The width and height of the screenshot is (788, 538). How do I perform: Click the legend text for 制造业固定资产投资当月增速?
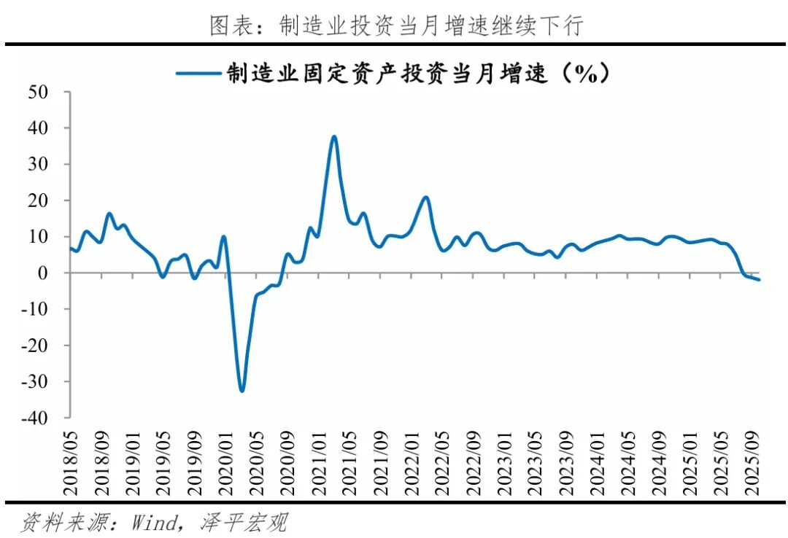point(416,74)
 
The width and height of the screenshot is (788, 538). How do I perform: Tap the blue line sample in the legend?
point(199,74)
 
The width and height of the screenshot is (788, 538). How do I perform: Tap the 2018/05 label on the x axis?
point(71,456)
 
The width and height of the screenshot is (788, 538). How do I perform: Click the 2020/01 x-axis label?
point(225,456)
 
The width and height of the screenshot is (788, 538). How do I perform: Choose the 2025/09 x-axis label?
point(751,456)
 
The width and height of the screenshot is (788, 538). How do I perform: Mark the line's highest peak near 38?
point(333,136)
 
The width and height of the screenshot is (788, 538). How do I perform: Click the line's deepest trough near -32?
point(242,391)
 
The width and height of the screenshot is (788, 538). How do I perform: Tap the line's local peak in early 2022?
point(426,197)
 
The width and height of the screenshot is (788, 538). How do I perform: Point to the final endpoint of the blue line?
point(760,279)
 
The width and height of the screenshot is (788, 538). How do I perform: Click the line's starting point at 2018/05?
point(71,248)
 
